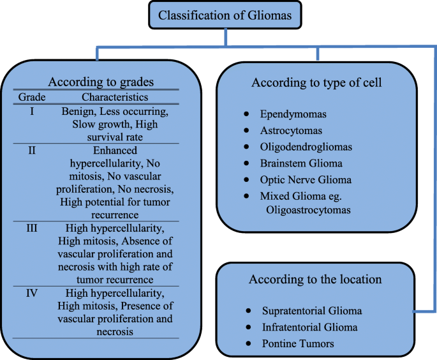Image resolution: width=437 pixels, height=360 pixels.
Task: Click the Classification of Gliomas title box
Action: (x=225, y=15)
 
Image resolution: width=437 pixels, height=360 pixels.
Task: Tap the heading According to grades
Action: (x=101, y=82)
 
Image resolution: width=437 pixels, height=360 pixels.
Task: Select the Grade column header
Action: (x=32, y=97)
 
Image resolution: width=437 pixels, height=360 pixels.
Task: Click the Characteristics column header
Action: (x=115, y=97)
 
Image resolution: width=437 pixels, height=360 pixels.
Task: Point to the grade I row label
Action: (x=32, y=111)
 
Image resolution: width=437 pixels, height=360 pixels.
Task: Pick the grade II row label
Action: (x=32, y=150)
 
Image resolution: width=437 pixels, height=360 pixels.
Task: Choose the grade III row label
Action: (x=32, y=228)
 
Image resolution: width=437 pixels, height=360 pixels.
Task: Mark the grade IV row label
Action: (x=32, y=293)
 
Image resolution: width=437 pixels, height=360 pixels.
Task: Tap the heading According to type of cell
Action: (x=316, y=83)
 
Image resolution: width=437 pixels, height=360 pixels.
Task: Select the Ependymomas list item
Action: (x=293, y=114)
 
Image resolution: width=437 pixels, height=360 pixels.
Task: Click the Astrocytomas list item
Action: (x=291, y=130)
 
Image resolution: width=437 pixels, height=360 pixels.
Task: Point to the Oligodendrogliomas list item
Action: (x=306, y=147)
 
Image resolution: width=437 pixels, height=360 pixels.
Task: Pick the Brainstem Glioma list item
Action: (x=301, y=163)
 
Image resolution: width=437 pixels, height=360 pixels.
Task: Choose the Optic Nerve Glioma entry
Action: (x=306, y=179)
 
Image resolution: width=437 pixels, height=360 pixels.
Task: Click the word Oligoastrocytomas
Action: (x=308, y=210)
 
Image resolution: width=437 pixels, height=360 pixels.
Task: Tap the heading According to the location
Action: (x=315, y=280)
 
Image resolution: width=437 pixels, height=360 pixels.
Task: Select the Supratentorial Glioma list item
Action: (x=312, y=311)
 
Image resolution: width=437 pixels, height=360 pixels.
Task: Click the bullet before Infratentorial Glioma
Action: (x=248, y=327)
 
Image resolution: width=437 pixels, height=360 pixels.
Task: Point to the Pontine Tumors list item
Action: (x=298, y=343)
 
